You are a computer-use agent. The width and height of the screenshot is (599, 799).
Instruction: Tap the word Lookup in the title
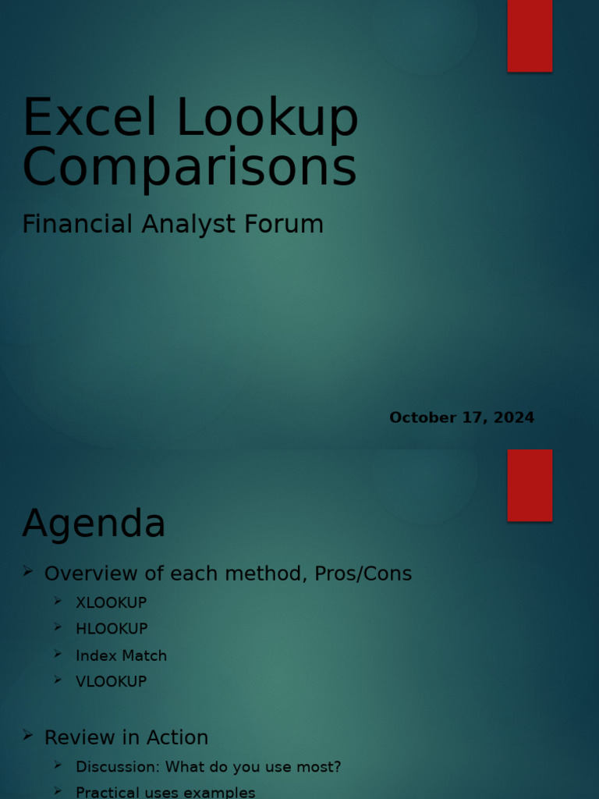point(268,119)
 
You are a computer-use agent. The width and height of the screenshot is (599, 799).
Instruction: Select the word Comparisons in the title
point(190,167)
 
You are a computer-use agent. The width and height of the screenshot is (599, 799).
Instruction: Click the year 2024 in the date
point(514,417)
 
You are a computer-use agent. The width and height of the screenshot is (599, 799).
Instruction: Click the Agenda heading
point(94,524)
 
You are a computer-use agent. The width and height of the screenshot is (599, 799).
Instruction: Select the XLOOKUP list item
point(111,602)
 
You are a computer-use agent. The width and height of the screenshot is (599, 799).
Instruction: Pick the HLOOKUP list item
point(112,628)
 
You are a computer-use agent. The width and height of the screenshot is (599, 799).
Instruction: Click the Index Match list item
point(121,655)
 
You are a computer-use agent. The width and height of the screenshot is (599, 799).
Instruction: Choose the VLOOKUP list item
point(111,681)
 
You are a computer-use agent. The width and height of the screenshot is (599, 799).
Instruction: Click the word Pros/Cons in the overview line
point(363,574)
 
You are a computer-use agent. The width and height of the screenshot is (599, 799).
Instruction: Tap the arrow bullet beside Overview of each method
point(28,572)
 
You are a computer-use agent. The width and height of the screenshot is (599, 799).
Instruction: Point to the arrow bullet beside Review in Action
point(28,736)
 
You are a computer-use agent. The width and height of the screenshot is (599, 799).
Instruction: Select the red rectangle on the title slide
point(530,35)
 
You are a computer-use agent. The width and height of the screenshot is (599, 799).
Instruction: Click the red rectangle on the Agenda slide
point(530,485)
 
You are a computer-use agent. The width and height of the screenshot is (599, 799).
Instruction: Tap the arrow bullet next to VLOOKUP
point(58,680)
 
